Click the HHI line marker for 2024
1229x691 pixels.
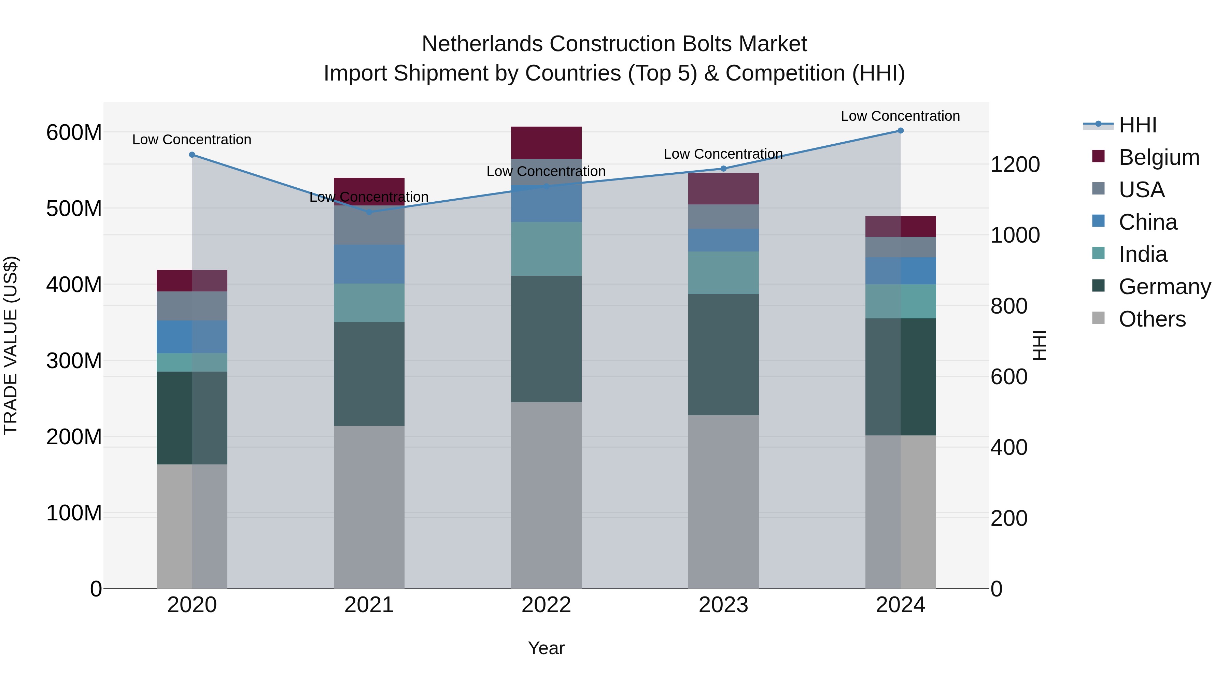coord(900,131)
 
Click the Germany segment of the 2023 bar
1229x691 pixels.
coord(723,354)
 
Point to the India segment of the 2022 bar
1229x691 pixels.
coord(546,248)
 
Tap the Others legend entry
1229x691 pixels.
coord(1152,319)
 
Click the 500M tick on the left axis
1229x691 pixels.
coord(74,209)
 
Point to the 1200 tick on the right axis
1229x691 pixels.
coord(1015,164)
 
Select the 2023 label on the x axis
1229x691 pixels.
coord(723,605)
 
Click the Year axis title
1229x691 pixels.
coord(546,648)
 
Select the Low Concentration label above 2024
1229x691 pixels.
coord(900,116)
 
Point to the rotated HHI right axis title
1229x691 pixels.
coord(1039,345)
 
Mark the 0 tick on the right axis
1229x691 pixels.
coord(997,589)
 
